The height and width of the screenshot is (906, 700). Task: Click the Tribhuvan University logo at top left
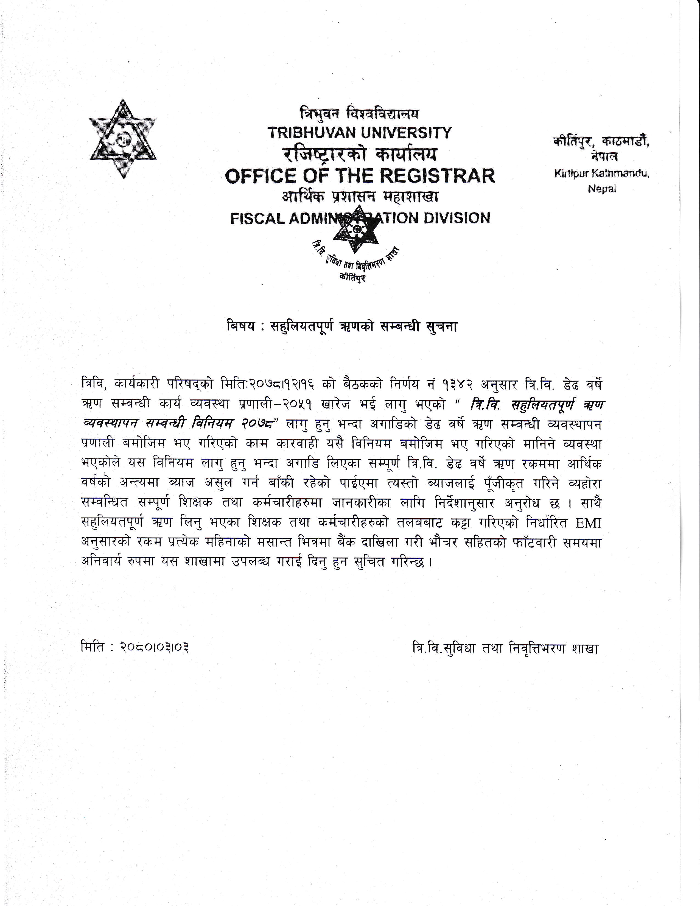[x=123, y=139]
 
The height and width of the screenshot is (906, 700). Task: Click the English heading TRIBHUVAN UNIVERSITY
[x=360, y=133]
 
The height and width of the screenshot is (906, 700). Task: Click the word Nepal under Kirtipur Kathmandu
[x=602, y=189]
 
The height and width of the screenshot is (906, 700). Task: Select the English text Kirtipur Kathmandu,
[x=602, y=174]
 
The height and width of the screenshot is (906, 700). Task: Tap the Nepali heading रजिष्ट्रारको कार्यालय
[x=360, y=155]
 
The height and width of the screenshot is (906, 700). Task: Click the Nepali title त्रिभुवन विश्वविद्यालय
[x=360, y=113]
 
